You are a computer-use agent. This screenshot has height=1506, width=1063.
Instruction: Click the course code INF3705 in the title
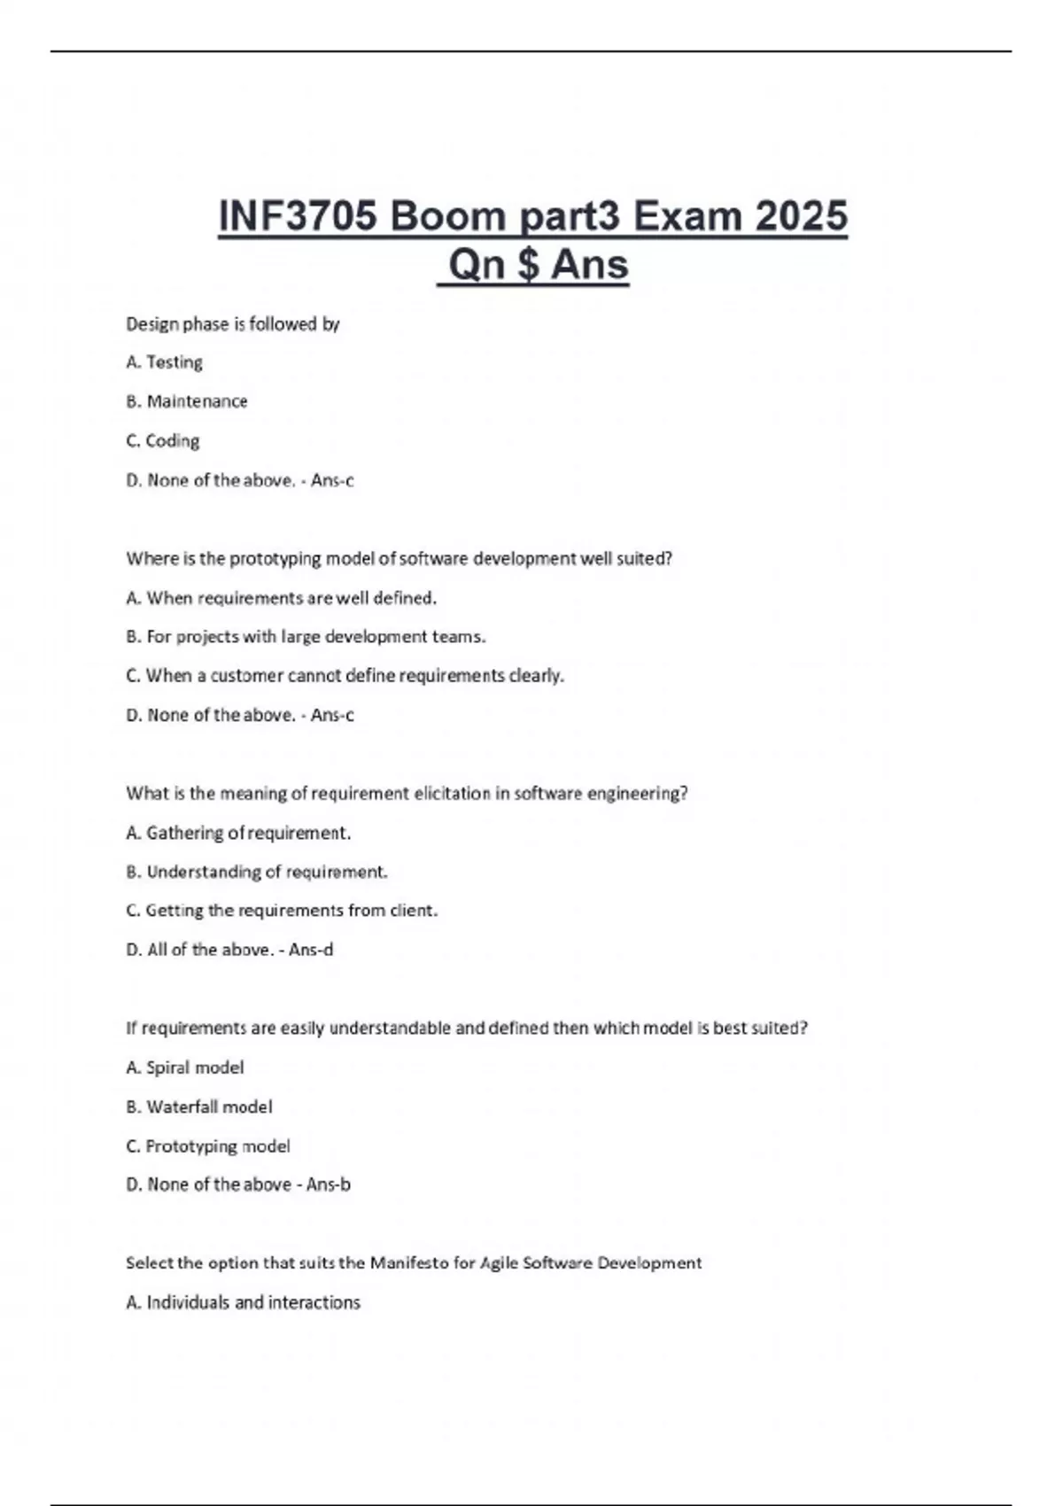pos(298,216)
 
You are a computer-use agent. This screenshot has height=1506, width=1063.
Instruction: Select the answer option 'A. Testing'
pos(165,362)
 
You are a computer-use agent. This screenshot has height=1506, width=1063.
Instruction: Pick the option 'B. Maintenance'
pos(187,401)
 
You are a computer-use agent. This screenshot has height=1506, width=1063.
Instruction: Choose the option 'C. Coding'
pos(163,440)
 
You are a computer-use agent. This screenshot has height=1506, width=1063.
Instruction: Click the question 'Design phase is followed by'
pos(233,324)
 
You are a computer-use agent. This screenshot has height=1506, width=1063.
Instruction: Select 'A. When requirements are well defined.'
pos(282,598)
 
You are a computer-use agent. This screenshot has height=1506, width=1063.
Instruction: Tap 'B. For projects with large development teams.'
pos(306,637)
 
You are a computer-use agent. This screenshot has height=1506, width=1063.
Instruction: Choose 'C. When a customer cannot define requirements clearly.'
pos(345,676)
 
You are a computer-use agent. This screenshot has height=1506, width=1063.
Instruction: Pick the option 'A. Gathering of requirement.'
pos(239,833)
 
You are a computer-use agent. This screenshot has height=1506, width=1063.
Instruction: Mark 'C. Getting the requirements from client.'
pos(283,911)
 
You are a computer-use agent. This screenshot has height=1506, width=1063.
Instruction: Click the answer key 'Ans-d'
pos(311,950)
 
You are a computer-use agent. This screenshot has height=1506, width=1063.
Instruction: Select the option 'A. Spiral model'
pos(185,1067)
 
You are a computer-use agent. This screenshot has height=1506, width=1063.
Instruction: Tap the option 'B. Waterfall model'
pos(199,1106)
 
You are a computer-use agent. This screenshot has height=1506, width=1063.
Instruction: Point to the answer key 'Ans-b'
pos(329,1184)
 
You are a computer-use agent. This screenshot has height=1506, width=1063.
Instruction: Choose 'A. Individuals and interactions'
pos(244,1302)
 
